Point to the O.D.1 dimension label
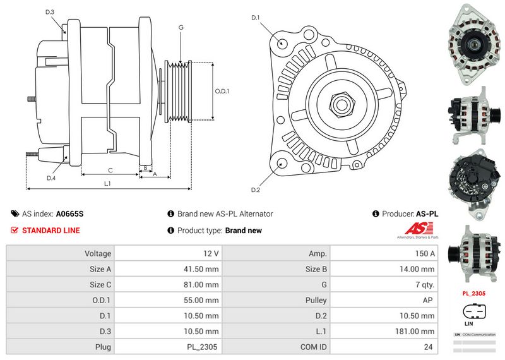tap(222, 91)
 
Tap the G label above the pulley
tap(181, 27)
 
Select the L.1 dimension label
tap(108, 183)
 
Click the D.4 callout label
tap(51, 178)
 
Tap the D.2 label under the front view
tap(256, 190)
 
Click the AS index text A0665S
tap(69, 214)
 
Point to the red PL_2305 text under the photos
tap(473, 293)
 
